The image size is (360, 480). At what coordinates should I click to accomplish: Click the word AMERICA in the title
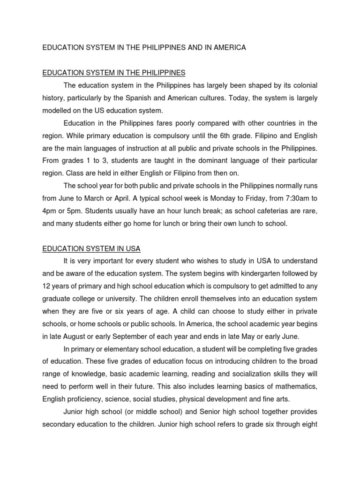click(x=229, y=48)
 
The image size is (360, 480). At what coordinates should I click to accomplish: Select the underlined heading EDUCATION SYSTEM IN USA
click(x=91, y=248)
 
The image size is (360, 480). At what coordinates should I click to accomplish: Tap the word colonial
click(x=302, y=85)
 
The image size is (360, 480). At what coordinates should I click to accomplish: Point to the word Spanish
click(x=162, y=98)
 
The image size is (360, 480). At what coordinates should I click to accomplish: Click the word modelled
click(x=58, y=111)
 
